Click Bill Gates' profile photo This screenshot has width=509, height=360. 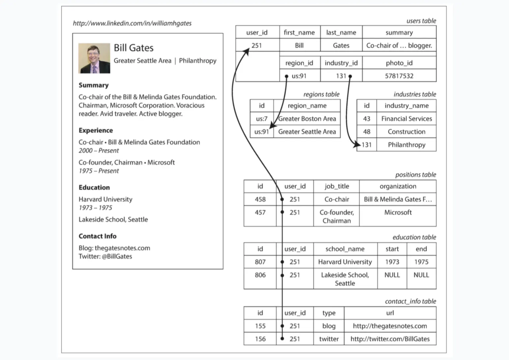[94, 58]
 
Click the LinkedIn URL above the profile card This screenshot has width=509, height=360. [132, 23]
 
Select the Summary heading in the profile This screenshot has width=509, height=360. [94, 85]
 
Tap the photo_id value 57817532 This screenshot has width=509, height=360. [399, 76]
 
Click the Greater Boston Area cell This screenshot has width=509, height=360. [307, 119]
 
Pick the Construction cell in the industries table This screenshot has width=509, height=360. [406, 132]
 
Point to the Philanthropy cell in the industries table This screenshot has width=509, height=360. [406, 145]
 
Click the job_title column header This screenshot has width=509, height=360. [336, 186]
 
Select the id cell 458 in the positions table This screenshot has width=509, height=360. [260, 199]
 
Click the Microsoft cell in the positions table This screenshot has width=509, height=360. [398, 213]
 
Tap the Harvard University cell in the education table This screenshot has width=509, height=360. [345, 262]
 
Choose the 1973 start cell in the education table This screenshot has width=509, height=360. [392, 262]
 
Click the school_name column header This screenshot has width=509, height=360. [345, 249]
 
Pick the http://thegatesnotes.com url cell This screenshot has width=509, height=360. [390, 326]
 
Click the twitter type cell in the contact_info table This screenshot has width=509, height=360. [329, 339]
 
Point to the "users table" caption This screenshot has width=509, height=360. [421, 21]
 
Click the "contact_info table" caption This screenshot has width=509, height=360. [410, 301]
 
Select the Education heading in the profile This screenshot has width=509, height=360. [94, 188]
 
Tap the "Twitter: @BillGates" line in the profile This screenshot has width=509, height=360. [105, 256]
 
